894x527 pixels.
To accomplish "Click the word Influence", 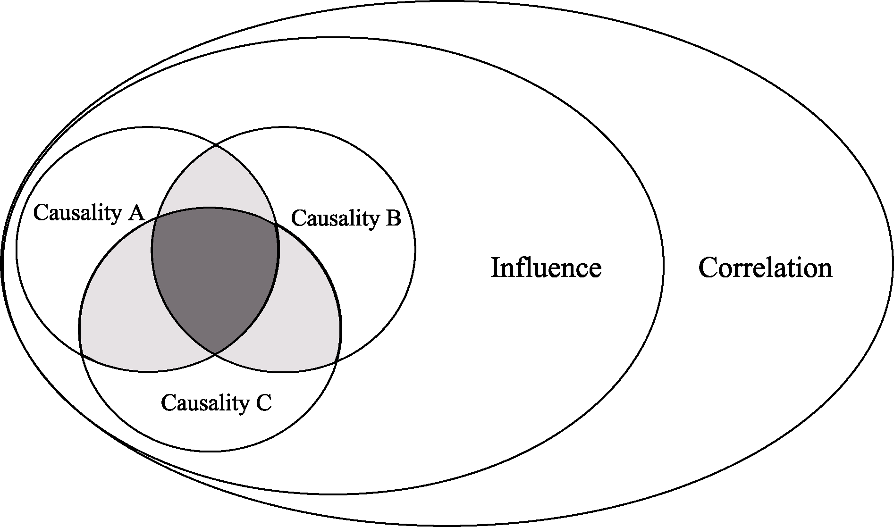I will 546,268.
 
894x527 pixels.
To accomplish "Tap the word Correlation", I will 765,268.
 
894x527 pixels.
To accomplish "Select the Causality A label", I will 89,213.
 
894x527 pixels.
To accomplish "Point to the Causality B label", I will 346,218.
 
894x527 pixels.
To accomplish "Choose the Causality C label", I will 216,402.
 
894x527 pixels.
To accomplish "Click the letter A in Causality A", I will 136,213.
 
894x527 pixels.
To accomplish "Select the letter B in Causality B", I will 393,218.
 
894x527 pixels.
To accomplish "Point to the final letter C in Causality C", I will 264,402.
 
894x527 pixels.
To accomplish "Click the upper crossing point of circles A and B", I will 216,145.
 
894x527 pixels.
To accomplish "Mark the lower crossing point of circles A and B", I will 215,353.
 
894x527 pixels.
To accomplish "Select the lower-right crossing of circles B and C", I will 337,361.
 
